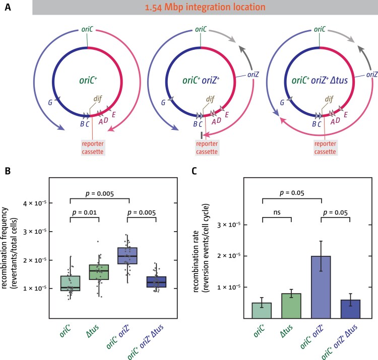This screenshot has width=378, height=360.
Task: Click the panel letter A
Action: click(8, 7)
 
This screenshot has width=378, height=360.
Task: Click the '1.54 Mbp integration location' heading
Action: click(205, 7)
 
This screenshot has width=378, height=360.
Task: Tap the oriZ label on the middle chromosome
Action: click(253, 75)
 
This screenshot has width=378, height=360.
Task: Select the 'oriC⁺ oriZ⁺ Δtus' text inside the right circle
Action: click(320, 80)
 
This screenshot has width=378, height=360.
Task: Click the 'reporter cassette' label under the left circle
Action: click(93, 148)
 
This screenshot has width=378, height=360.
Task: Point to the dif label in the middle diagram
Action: click(210, 99)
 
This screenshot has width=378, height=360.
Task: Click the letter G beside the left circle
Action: click(50, 103)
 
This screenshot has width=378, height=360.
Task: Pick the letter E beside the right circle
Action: click(346, 115)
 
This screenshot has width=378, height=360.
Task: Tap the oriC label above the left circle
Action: click(87, 29)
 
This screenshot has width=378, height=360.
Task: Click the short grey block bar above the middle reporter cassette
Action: click(201, 135)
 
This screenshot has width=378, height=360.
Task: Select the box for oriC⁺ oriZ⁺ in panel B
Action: click(128, 256)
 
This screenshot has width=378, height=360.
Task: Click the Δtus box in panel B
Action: click(99, 272)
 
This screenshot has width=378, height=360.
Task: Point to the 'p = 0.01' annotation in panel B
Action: click(84, 212)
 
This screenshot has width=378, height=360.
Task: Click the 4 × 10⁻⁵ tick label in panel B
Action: click(35, 203)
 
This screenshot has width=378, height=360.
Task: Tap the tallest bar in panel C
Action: click(321, 287)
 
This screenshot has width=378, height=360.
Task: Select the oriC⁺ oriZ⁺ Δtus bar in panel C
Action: click(350, 309)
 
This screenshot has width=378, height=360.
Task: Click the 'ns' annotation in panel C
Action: click(277, 212)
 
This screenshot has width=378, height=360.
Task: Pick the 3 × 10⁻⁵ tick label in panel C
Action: click(229, 225)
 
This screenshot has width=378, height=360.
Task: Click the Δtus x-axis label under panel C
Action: click(287, 331)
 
